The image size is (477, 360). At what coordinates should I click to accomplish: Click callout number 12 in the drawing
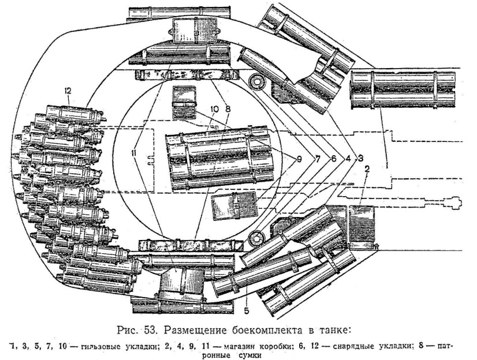point(68,90)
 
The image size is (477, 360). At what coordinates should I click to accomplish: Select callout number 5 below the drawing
point(247,311)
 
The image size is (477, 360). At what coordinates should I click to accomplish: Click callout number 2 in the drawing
point(367,168)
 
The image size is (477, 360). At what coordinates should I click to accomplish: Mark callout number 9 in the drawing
point(299,159)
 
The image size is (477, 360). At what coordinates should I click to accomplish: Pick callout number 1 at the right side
point(387,165)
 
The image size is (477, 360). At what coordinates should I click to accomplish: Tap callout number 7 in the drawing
point(318,159)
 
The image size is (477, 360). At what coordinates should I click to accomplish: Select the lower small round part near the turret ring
point(256,238)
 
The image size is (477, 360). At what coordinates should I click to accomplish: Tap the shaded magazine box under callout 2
point(362,223)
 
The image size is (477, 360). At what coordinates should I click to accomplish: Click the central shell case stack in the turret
point(219,157)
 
